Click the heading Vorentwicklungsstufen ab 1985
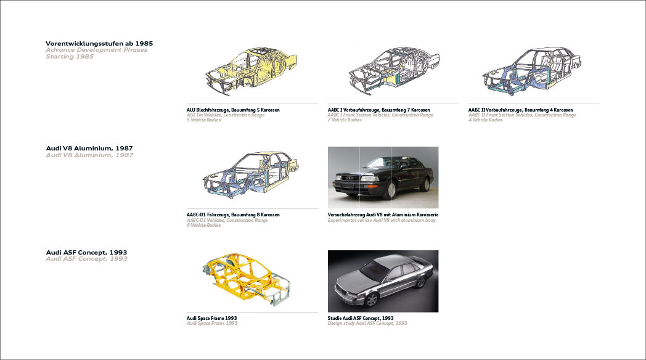pos(99,43)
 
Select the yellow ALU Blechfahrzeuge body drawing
pos(251,70)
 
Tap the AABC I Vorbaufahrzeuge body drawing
pos(394,70)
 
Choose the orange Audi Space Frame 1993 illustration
pos(247,279)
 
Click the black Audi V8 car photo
pos(383,178)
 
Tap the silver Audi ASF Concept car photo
pos(383,281)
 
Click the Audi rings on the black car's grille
pos(350,178)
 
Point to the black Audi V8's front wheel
pos(389,190)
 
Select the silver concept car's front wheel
pos(371,300)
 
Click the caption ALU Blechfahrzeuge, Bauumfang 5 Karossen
pos(233,110)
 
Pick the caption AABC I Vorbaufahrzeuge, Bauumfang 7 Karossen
pos(378,110)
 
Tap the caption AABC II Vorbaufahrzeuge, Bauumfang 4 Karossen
pos(520,110)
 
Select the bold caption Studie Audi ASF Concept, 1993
pos(361,318)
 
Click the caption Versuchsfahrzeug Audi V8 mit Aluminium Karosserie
pos(383,215)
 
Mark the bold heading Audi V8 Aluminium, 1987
pos(89,149)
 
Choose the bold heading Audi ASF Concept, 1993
pos(86,253)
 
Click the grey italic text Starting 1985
pos(70,57)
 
